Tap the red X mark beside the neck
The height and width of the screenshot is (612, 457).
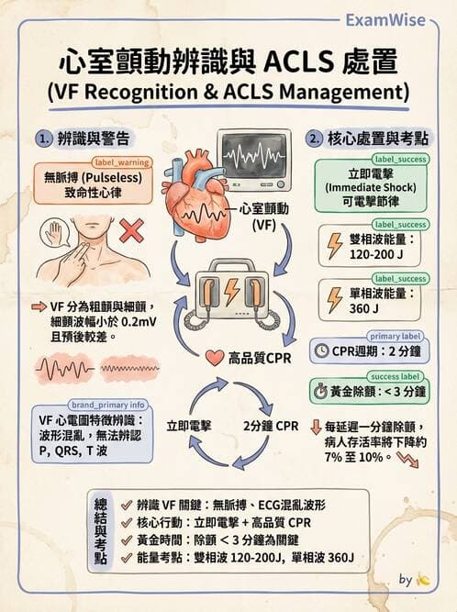pos(131,230)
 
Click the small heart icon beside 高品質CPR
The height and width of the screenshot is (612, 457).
pos(214,358)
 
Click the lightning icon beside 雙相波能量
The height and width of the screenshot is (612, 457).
pos(335,246)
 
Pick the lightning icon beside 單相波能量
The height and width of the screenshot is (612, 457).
pos(335,301)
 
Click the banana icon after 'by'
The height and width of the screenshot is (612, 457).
pos(423,581)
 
